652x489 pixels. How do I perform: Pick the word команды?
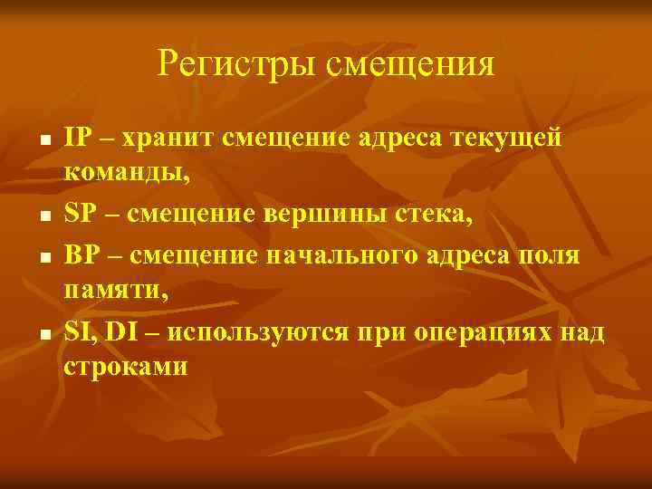click(x=124, y=173)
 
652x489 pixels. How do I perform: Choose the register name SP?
click(x=80, y=215)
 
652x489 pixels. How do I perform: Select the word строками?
click(x=124, y=367)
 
